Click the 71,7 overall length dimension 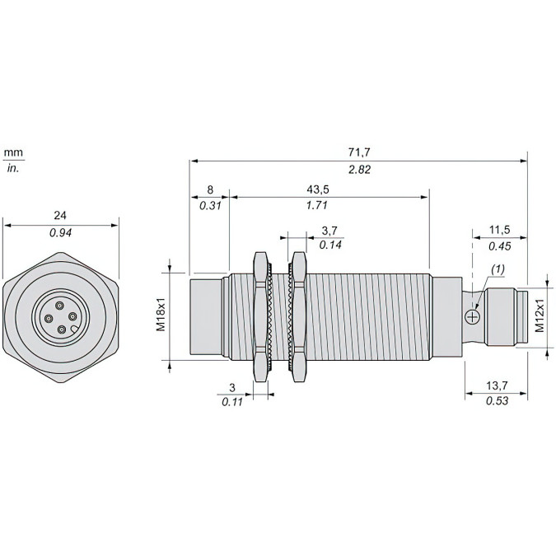(x=358, y=152)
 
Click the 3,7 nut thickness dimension (x=329, y=230)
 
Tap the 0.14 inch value (x=330, y=245)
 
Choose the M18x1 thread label (x=161, y=313)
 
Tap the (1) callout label (x=498, y=269)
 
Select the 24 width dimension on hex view (x=59, y=216)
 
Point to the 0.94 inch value (x=59, y=232)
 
